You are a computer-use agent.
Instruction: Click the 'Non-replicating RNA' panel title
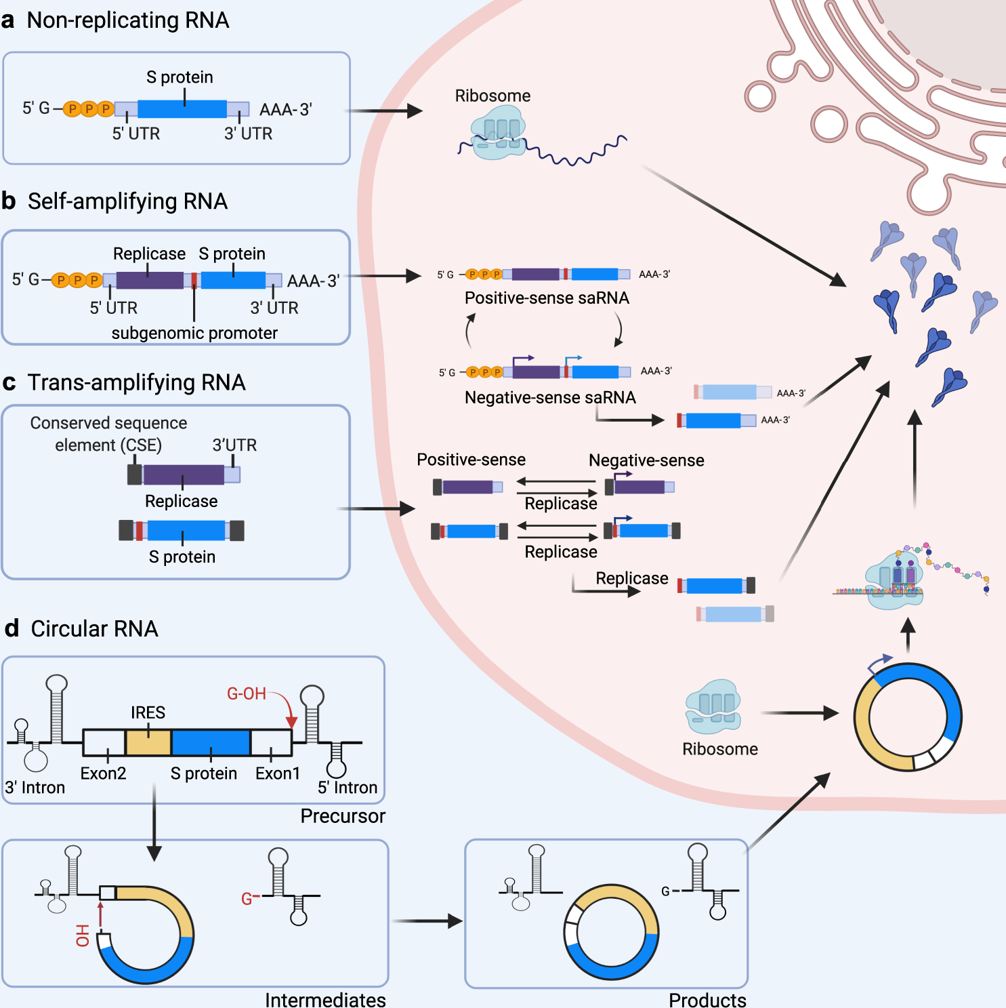click(127, 20)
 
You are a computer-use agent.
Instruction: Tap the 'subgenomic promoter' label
click(194, 333)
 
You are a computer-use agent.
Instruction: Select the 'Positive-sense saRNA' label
click(547, 298)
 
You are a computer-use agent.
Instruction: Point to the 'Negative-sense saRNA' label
click(550, 397)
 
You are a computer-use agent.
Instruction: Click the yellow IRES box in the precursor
click(148, 742)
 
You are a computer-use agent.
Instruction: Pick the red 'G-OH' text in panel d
click(246, 693)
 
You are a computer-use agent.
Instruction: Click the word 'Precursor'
click(343, 816)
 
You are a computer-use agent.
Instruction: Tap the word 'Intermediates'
click(325, 1000)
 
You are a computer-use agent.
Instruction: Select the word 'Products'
click(707, 1000)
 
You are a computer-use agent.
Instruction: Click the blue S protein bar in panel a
click(182, 109)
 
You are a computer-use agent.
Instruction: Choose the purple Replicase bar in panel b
click(150, 280)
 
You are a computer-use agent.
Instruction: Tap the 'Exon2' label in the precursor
click(103, 773)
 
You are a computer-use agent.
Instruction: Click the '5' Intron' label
click(348, 787)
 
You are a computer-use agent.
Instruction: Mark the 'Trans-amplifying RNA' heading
click(136, 382)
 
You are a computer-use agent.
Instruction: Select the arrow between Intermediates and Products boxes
click(427, 921)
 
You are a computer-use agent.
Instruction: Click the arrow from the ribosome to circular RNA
click(799, 713)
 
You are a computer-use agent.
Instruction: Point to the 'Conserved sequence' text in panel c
click(108, 423)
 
